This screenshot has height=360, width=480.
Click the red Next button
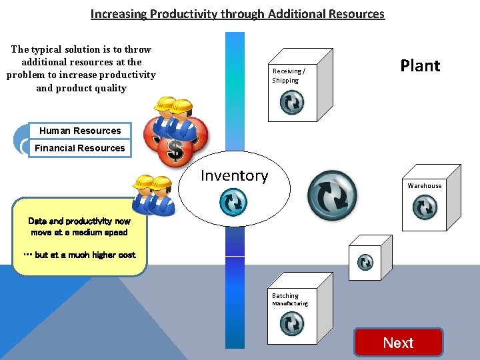[x=398, y=343]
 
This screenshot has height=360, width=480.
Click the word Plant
[x=420, y=65]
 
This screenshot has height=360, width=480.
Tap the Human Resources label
[x=80, y=131]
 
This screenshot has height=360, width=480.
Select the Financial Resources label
[x=80, y=148]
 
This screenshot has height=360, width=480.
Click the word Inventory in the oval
[x=234, y=175]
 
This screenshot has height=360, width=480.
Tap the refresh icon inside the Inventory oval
[x=233, y=203]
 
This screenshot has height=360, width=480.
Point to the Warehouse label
[x=425, y=185]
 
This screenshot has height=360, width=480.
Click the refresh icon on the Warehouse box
[x=425, y=208]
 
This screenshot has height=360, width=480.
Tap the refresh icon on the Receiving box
[x=291, y=102]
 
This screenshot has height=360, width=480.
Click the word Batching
[x=285, y=295]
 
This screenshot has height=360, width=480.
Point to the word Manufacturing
[x=289, y=304]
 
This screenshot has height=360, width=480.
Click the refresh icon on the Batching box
[x=291, y=324]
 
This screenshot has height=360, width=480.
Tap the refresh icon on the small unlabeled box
[x=365, y=262]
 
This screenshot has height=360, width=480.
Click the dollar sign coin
[x=176, y=150]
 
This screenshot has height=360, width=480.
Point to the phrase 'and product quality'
[x=81, y=88]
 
